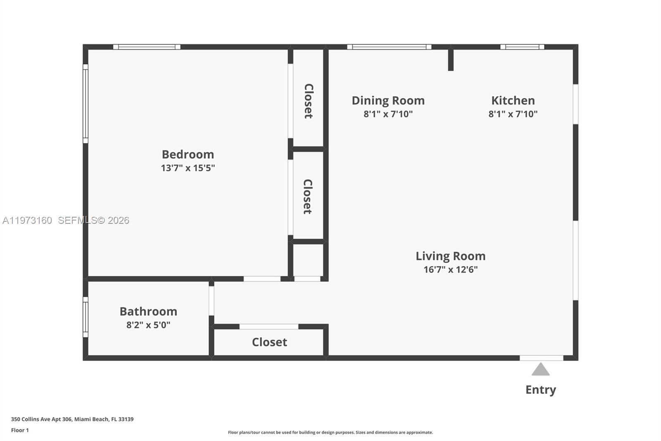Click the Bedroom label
[188, 154]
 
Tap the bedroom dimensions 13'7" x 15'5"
[188, 168]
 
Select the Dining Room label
[388, 101]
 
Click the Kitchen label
[513, 101]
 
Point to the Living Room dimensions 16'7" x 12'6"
[450, 270]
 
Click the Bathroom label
[148, 312]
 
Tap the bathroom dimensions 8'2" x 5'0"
[148, 325]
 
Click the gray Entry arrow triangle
[540, 370]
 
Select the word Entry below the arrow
[540, 390]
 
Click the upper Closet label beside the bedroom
[308, 101]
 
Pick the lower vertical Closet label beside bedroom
[307, 197]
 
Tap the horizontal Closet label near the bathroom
[269, 342]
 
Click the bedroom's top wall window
[147, 47]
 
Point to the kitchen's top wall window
[522, 47]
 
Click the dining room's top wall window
[389, 47]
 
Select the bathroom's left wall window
[86, 317]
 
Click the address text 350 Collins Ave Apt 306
[41, 419]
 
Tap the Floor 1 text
[20, 430]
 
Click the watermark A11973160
[27, 220]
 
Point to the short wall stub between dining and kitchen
[451, 60]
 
